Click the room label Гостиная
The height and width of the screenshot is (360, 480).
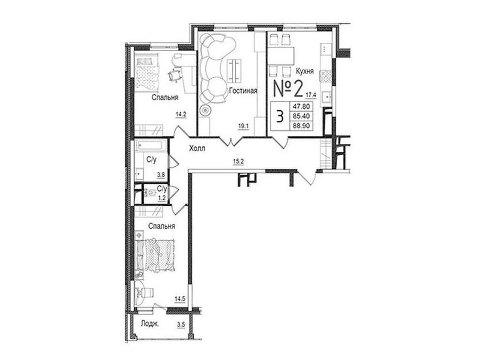click(243, 91)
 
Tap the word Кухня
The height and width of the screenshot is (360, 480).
click(304, 71)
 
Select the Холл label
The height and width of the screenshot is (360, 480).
click(196, 149)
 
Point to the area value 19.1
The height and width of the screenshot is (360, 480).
click(242, 125)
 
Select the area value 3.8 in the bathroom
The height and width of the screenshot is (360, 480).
click(160, 175)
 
